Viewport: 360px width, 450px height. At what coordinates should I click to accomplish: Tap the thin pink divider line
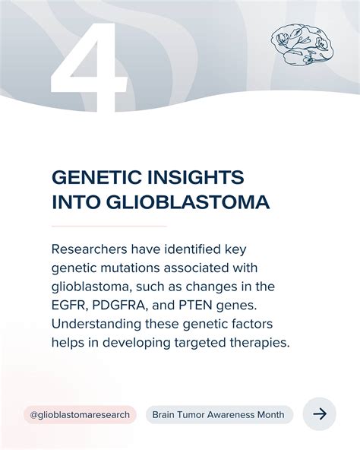coord(109,227)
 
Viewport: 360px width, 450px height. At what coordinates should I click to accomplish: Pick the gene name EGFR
coord(71,306)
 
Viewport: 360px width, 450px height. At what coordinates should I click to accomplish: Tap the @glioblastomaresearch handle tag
coord(80,414)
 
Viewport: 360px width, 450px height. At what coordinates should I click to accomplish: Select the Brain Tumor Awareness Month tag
coord(219,414)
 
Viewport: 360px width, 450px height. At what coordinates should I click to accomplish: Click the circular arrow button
coord(320,414)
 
